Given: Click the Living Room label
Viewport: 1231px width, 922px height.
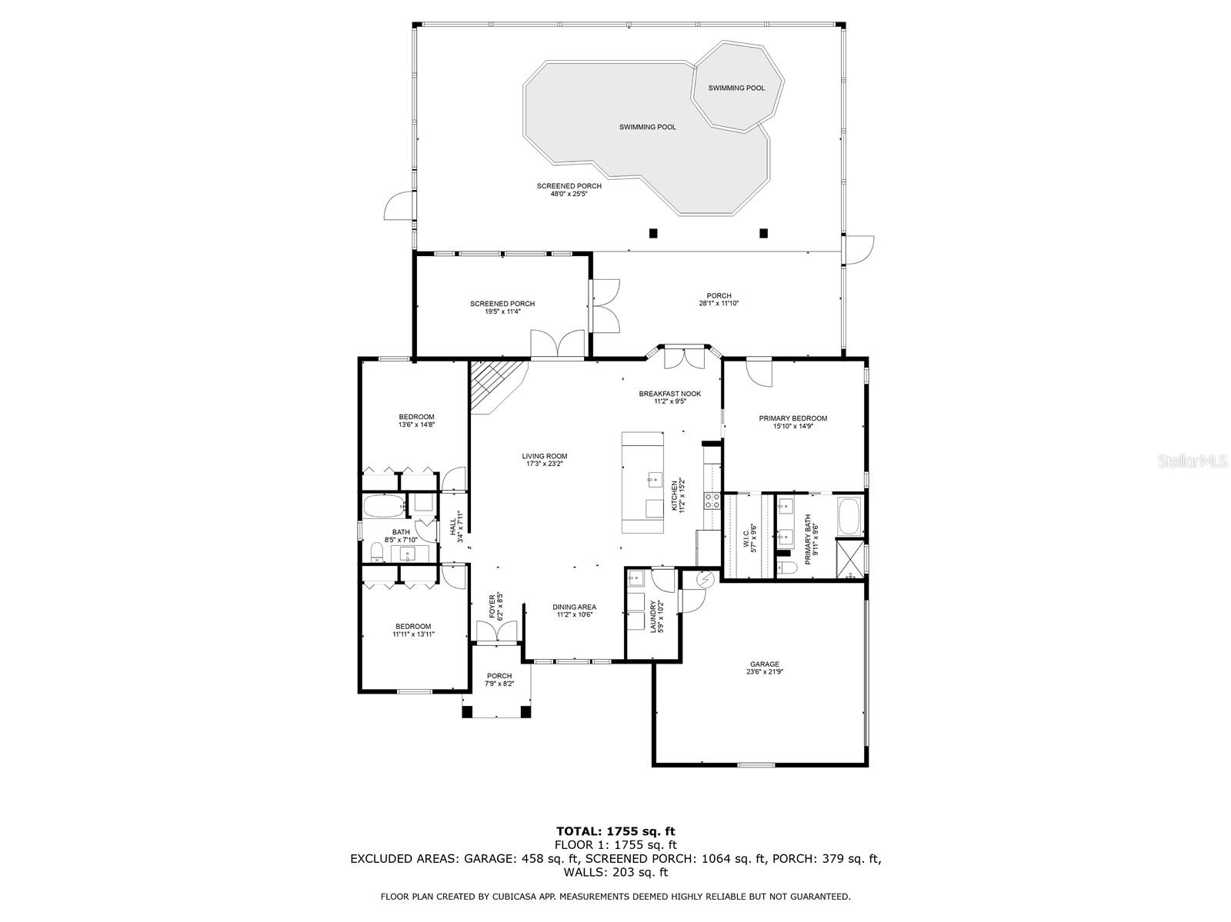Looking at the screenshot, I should click(544, 456).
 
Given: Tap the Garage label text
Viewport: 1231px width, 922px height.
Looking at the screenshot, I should click(765, 664).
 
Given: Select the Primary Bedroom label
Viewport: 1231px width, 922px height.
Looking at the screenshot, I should click(792, 418).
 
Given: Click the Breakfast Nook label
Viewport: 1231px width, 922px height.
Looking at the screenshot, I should click(669, 394).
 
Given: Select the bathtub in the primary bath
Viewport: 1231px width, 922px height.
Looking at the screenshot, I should click(849, 517).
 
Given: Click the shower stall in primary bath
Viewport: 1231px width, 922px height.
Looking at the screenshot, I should click(850, 560).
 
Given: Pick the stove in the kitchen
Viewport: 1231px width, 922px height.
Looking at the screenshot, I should click(712, 501).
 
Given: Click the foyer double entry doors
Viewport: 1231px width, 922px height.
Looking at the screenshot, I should click(498, 632).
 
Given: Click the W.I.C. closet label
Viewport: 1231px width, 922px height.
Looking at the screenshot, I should click(746, 536).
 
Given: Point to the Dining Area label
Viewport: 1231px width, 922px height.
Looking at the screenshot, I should click(574, 607).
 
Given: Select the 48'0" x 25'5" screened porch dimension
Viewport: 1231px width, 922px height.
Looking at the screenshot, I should click(569, 195).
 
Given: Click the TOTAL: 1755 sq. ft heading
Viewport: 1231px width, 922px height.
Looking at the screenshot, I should click(615, 830).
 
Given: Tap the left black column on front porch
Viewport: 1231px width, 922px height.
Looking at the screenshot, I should click(467, 711).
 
